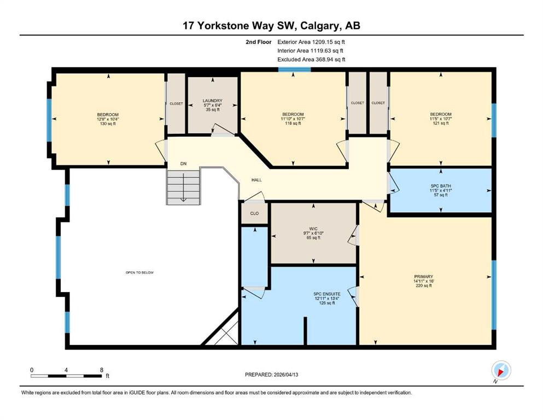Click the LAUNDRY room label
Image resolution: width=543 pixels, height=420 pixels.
[x=212, y=101]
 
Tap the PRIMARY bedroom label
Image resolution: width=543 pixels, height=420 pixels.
[x=424, y=277]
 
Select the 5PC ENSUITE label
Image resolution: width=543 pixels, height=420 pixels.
[x=327, y=294]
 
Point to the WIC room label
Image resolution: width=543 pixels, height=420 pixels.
[x=313, y=229]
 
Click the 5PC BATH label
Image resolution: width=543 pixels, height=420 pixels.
[x=441, y=186]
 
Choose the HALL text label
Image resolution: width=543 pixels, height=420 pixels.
[x=256, y=180]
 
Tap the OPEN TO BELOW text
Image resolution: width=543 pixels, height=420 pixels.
[x=139, y=272]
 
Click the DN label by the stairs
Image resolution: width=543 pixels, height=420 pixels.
[x=184, y=164]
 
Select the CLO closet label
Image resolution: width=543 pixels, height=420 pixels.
[x=254, y=213]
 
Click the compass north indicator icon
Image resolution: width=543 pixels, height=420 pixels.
[x=501, y=371]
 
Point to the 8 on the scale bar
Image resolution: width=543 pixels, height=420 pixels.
[x=102, y=370]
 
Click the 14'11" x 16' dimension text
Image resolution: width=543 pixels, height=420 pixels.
[x=424, y=281]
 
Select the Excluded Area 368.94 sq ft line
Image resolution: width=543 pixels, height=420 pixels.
[x=311, y=59]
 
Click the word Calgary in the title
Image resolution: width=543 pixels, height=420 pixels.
[x=319, y=26]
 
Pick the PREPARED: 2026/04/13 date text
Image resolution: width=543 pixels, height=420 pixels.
[x=271, y=375]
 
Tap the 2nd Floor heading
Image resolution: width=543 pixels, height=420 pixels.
[x=258, y=42]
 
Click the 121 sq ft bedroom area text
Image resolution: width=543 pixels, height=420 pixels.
[x=441, y=123]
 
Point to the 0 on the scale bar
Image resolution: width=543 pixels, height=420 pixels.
[x=32, y=370]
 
